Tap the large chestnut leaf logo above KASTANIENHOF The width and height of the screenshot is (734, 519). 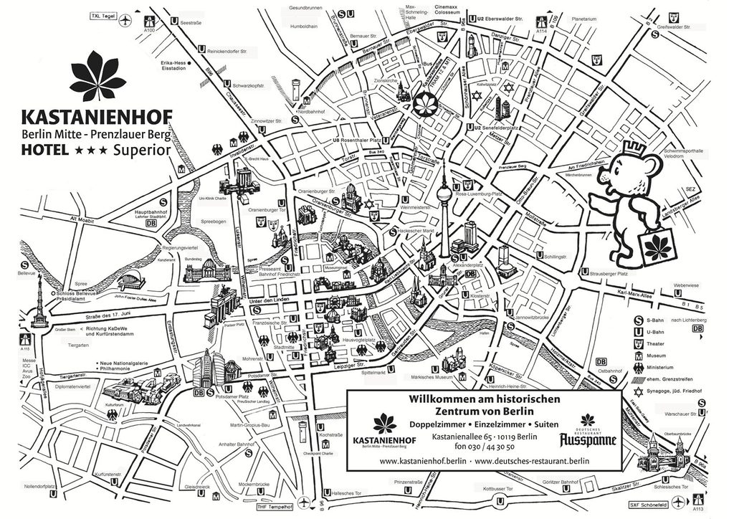click(97, 77)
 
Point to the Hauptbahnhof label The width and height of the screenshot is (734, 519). click(151, 213)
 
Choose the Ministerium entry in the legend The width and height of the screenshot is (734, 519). click(662, 366)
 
